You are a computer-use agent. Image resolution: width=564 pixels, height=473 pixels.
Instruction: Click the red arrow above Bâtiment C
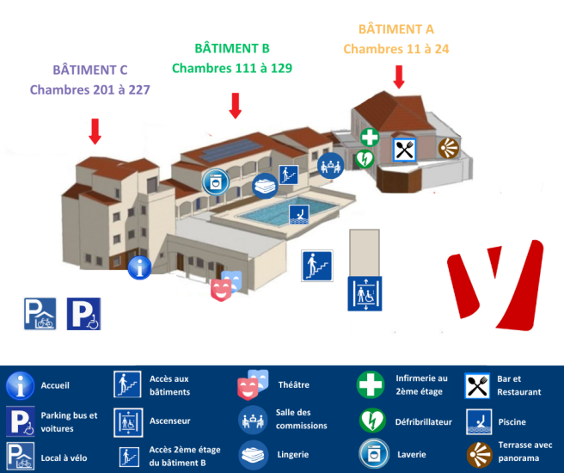(x=95, y=131)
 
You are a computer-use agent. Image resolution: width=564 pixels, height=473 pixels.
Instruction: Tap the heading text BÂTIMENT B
(x=232, y=48)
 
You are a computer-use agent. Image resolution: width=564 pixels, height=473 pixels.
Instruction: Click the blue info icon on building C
(x=139, y=267)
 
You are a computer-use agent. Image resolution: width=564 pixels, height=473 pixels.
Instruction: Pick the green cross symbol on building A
(x=370, y=137)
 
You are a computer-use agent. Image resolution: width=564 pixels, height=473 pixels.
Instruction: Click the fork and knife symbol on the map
(x=405, y=150)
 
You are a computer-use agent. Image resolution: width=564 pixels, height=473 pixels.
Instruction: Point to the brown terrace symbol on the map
(x=448, y=148)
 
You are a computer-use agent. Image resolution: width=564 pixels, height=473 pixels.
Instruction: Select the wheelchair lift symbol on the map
(x=364, y=293)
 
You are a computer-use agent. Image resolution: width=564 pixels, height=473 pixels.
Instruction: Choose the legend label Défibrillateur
(x=423, y=422)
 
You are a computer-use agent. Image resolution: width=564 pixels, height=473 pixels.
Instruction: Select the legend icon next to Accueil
(x=20, y=385)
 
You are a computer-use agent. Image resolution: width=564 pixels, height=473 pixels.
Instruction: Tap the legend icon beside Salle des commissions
(x=253, y=419)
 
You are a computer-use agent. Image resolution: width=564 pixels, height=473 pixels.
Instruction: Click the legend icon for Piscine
(x=478, y=421)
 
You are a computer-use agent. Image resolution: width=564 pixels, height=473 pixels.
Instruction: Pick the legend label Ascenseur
(x=170, y=421)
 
